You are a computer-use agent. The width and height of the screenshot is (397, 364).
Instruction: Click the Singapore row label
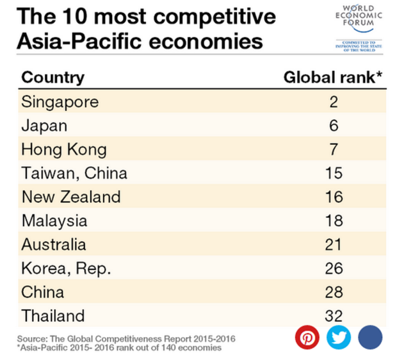coord(60,101)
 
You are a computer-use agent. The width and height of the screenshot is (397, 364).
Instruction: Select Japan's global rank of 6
coord(334,126)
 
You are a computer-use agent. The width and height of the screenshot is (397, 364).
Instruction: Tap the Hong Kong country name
coord(64,149)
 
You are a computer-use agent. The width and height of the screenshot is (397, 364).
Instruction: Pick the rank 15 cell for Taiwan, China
coord(334,173)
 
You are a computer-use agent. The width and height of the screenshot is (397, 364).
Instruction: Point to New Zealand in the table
coord(70,197)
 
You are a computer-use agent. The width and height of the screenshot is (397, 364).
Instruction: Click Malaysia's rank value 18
coord(334,221)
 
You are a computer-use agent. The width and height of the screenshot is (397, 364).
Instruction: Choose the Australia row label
coord(53,244)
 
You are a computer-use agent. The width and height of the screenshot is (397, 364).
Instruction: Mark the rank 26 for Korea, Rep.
coord(334,269)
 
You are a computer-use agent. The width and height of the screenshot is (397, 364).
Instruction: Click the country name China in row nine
coord(43,292)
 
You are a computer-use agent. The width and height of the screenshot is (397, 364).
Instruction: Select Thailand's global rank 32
coord(334,316)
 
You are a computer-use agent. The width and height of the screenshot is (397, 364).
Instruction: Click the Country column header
coord(53,78)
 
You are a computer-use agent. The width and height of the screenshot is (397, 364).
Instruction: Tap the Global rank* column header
coord(333,78)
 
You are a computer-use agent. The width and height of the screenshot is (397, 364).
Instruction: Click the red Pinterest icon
coord(307,337)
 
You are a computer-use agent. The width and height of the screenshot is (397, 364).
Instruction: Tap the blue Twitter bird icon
coord(339,337)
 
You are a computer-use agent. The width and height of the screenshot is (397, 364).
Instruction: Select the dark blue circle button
coord(369,337)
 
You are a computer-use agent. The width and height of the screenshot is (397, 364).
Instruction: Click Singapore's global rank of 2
coord(334,101)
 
